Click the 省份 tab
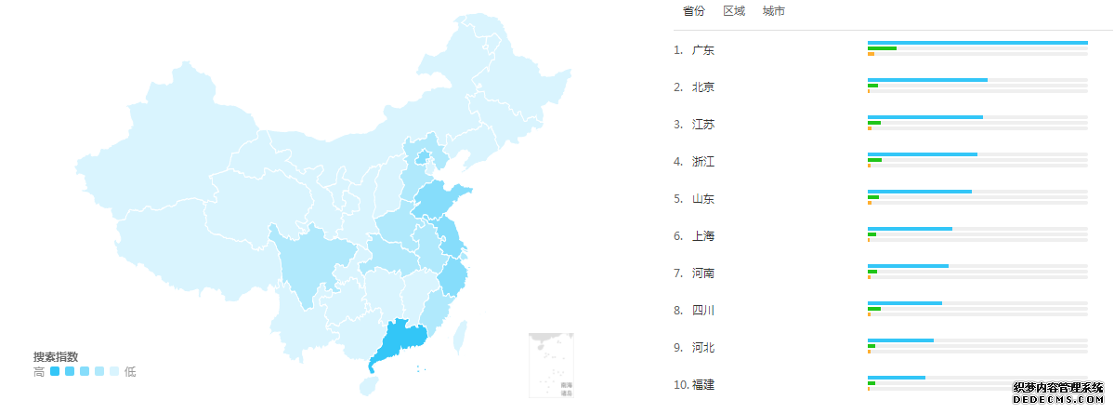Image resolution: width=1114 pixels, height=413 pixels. click(693, 11)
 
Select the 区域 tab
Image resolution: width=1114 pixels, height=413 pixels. click(734, 11)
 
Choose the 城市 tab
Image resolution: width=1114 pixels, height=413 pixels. click(773, 11)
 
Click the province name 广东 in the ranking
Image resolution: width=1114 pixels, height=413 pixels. click(703, 50)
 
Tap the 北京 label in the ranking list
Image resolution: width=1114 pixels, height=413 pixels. click(703, 87)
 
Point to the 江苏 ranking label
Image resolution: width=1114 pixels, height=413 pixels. click(703, 125)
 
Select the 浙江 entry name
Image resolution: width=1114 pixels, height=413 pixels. click(703, 162)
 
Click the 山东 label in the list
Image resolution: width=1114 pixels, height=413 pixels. click(703, 199)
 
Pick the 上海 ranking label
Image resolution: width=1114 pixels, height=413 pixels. click(703, 236)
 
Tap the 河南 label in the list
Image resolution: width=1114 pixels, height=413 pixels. click(703, 273)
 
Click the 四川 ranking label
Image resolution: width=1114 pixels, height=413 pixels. click(703, 311)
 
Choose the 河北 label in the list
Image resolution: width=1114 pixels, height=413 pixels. click(703, 348)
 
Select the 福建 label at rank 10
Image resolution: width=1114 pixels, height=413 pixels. click(703, 385)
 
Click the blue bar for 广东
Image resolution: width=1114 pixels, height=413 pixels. click(977, 43)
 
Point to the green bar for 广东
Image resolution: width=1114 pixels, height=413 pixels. click(882, 48)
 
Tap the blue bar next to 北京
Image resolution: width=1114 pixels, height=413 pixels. click(927, 80)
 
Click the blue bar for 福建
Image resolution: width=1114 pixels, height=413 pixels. click(896, 378)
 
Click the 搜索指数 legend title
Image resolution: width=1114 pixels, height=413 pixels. click(56, 357)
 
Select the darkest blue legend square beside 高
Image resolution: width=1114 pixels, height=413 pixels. click(55, 372)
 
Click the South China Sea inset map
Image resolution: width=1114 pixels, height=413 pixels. click(551, 366)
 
